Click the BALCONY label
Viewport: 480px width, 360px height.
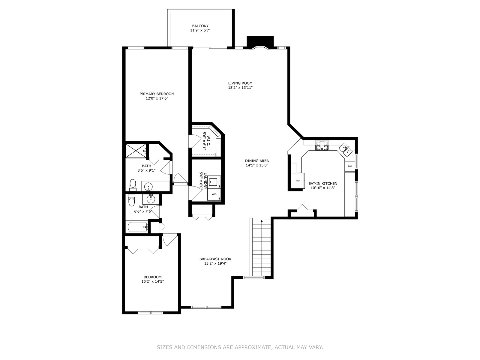click(200, 26)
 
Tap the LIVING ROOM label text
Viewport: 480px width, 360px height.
click(240, 83)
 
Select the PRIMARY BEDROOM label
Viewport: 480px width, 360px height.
click(157, 94)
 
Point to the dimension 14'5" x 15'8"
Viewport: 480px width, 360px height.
click(257, 165)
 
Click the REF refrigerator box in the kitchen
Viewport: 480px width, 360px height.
click(298, 180)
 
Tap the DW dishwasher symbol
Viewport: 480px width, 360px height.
click(350, 166)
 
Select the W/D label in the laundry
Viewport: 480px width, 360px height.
click(214, 194)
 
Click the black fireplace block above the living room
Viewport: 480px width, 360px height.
click(260, 41)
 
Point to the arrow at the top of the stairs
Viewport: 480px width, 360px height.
click(262, 222)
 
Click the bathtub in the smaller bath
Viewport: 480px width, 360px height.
click(137, 227)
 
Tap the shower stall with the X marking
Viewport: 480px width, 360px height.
click(136, 150)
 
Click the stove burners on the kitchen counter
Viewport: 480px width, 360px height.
click(322, 146)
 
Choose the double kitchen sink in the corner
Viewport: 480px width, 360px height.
click(346, 151)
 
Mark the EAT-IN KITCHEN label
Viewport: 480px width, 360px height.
click(323, 184)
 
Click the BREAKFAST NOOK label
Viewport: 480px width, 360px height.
click(215, 259)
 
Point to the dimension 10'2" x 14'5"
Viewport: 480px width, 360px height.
click(153, 281)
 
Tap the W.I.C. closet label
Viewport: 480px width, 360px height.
click(208, 141)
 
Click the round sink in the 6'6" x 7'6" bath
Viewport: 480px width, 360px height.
click(150, 199)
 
